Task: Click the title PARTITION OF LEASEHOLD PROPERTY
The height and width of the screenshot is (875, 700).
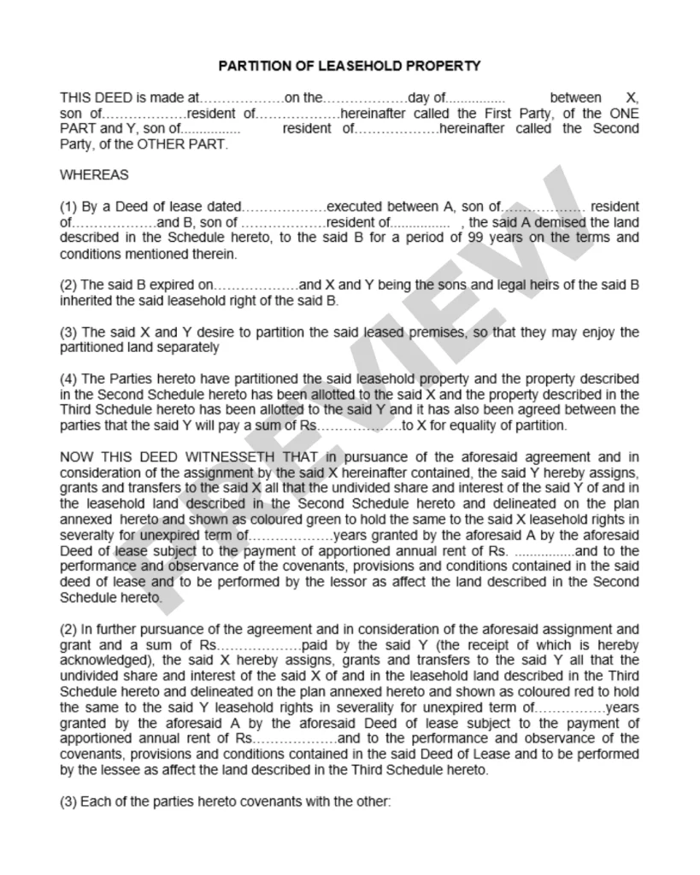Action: click(350, 66)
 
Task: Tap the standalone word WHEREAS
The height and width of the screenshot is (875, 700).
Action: click(94, 175)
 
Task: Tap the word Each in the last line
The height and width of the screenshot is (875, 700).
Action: click(94, 802)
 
